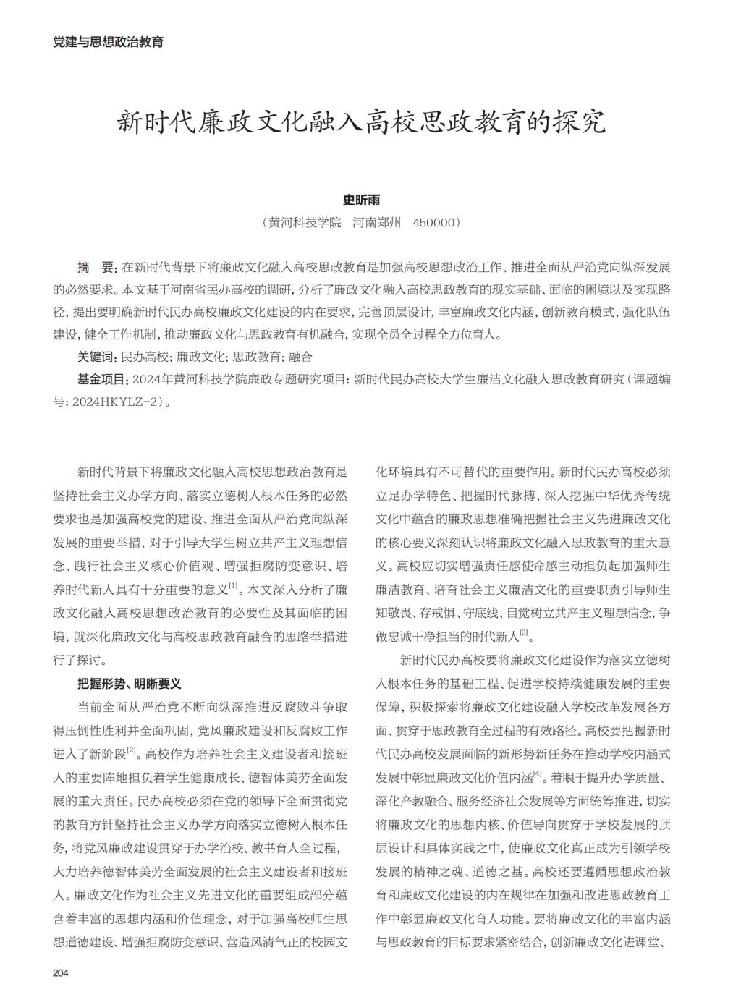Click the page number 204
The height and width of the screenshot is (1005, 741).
point(60,972)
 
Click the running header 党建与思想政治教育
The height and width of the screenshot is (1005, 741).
point(109,42)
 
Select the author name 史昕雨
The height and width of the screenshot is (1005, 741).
point(360,200)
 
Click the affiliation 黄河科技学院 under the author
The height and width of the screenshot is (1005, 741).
point(304,222)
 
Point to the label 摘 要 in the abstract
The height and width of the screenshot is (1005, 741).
point(96,268)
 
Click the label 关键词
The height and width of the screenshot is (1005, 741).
point(96,357)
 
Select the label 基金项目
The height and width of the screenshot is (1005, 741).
point(102,379)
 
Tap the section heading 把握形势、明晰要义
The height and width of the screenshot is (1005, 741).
point(130,683)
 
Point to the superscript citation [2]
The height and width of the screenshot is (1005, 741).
point(132,750)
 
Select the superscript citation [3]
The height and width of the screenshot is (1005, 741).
point(524,632)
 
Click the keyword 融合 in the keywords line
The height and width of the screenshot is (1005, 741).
point(300,357)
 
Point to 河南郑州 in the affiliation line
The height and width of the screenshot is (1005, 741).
point(376,222)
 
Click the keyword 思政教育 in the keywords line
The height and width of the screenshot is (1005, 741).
point(257,357)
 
